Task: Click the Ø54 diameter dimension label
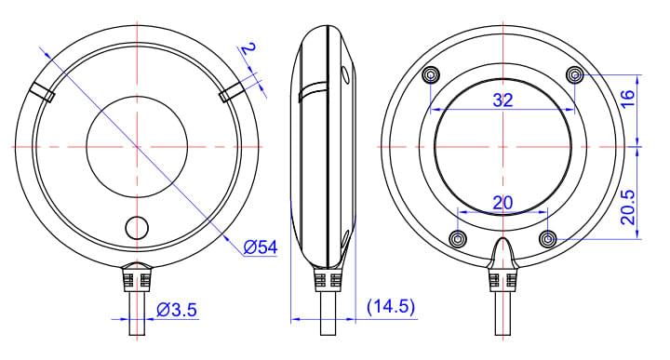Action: click(x=260, y=247)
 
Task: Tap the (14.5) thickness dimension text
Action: click(x=392, y=306)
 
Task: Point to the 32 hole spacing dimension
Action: click(x=502, y=101)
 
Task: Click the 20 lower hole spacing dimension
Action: click(x=502, y=203)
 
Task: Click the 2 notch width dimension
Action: click(x=248, y=48)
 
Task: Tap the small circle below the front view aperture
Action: click(x=137, y=228)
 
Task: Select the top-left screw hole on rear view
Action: click(x=430, y=75)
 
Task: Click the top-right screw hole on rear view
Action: click(x=575, y=74)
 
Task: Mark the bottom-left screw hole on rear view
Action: click(x=456, y=239)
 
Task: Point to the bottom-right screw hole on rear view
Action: click(x=549, y=239)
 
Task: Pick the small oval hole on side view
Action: click(x=346, y=75)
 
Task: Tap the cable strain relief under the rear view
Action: click(x=502, y=280)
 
